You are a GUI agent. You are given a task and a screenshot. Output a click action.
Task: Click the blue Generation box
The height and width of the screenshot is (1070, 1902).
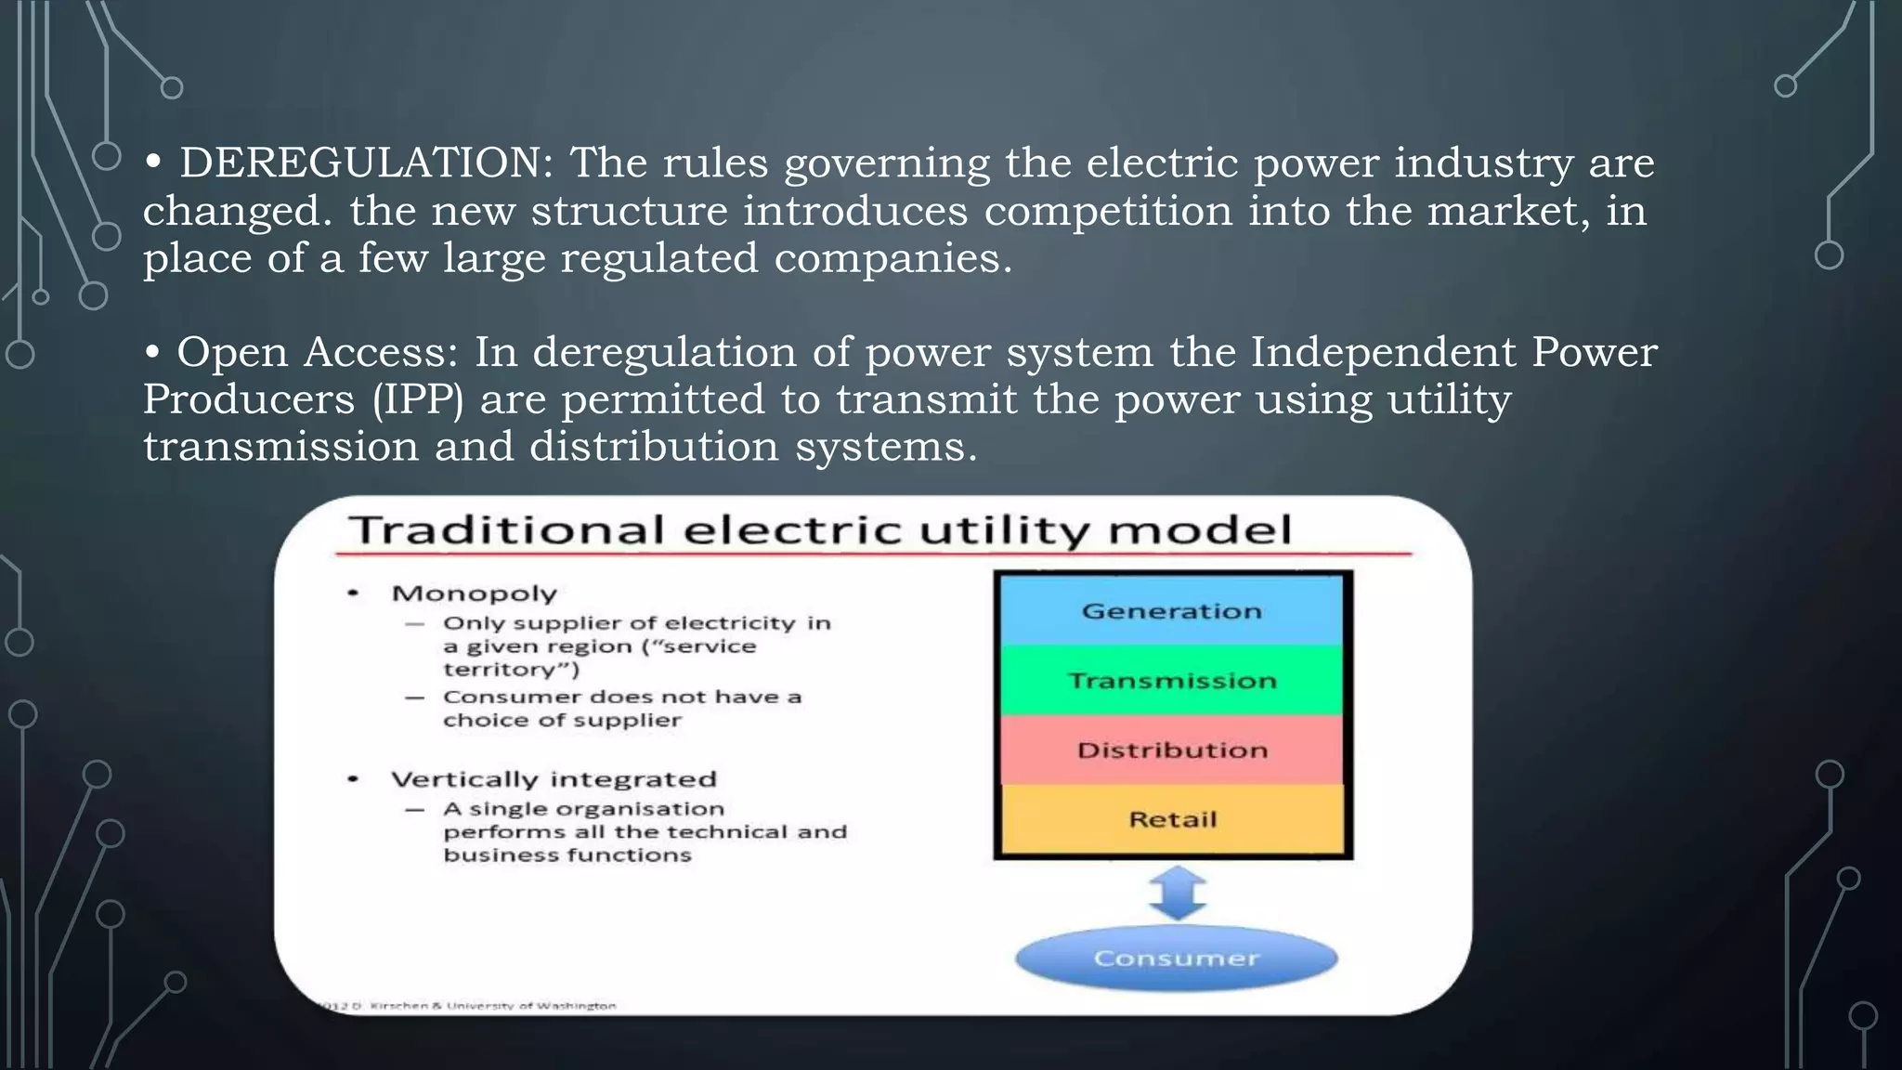(x=1172, y=610)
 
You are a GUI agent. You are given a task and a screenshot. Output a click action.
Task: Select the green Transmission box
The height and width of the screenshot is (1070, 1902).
(x=1172, y=681)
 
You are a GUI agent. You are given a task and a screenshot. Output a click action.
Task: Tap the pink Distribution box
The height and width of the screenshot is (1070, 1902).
(x=1172, y=750)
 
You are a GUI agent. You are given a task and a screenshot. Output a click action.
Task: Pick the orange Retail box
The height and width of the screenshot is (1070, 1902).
(x=1172, y=819)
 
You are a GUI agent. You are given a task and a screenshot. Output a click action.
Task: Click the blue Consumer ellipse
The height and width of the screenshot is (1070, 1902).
(x=1176, y=958)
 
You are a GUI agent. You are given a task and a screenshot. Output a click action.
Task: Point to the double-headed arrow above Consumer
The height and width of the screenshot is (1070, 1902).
(x=1177, y=893)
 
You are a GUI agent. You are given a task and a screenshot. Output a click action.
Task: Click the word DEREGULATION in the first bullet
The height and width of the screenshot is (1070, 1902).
(x=366, y=163)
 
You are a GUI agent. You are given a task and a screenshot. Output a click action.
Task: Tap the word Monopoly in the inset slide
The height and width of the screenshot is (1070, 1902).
(x=474, y=594)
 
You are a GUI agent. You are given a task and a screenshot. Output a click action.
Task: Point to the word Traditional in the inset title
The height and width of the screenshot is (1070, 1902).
(x=507, y=530)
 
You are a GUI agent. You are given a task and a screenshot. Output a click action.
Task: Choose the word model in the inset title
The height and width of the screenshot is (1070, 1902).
(x=1199, y=530)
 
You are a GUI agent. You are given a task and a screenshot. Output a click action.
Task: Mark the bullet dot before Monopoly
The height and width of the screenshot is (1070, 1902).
(x=353, y=593)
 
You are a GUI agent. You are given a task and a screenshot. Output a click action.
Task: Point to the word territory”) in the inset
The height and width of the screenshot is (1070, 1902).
(x=510, y=670)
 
